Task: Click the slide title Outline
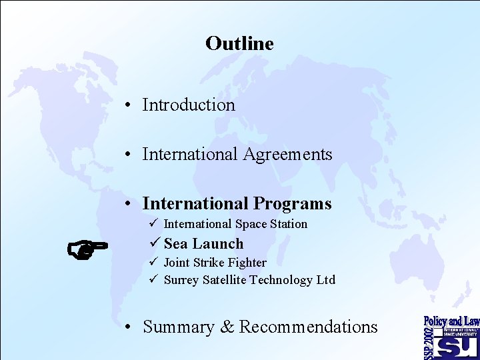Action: (239, 43)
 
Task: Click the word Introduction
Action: (189, 105)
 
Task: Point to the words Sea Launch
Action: (203, 244)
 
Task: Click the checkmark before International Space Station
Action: (153, 223)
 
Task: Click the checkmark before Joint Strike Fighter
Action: (153, 262)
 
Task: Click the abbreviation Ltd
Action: (325, 280)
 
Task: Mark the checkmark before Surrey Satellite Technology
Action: (153, 279)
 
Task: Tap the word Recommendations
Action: (308, 327)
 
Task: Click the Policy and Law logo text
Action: (451, 321)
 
